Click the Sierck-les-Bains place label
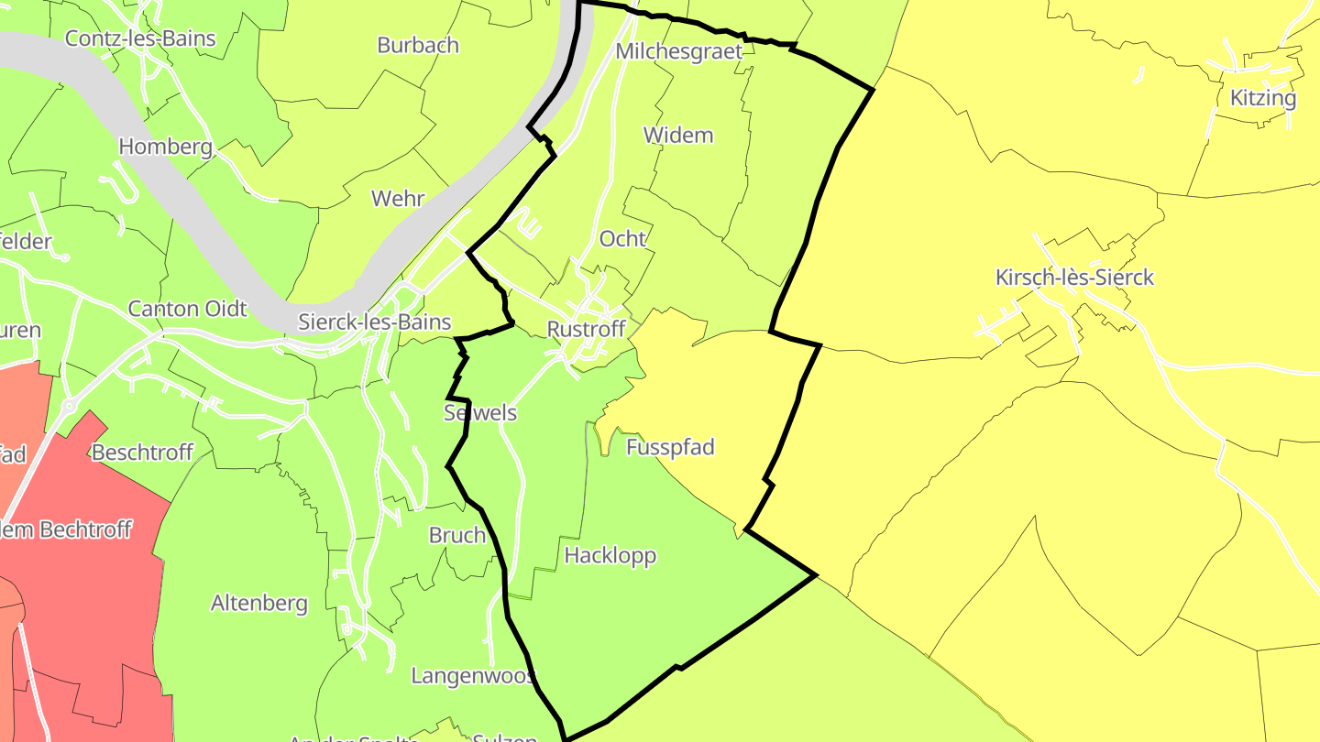tap(374, 322)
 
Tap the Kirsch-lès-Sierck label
tap(1074, 278)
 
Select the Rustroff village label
tap(586, 330)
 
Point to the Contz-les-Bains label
tap(140, 38)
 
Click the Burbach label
tap(418, 45)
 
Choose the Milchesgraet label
tap(678, 51)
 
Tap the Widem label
tap(678, 136)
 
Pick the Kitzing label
tap(1263, 98)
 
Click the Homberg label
tap(166, 147)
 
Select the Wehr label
tap(398, 199)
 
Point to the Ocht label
tap(622, 239)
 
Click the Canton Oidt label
tap(187, 309)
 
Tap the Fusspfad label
tap(670, 447)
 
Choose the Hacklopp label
tap(610, 555)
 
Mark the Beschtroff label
tap(142, 453)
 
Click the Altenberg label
tap(259, 604)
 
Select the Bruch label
tap(457, 536)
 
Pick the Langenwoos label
tap(472, 676)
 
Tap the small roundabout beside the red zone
tap(68, 404)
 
